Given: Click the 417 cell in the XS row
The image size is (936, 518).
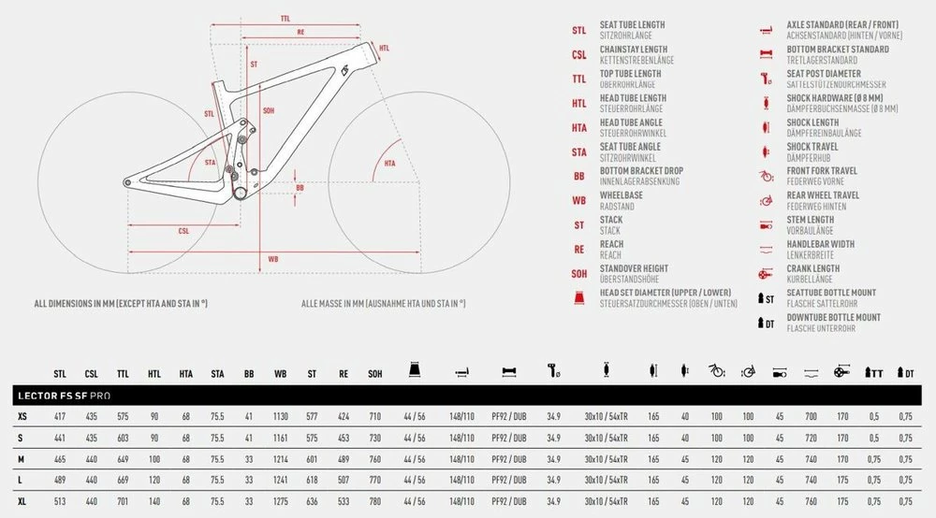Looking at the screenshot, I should [x=60, y=415].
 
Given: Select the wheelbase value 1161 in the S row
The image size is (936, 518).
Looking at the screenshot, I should [x=280, y=438].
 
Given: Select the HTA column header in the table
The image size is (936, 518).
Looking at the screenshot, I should [x=186, y=373].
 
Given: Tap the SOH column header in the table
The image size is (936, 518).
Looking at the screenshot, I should [x=375, y=373].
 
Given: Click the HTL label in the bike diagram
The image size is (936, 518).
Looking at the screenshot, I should [x=384, y=48].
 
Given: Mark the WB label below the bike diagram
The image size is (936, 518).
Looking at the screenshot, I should [x=272, y=258].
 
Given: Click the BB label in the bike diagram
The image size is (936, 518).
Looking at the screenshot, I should [x=300, y=188].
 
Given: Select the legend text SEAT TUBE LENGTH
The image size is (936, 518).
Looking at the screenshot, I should [x=632, y=25].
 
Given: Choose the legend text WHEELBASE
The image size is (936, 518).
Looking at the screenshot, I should [x=621, y=195].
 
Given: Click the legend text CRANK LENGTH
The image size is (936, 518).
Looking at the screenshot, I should [x=812, y=268].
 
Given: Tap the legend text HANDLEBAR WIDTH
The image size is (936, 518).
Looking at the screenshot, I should [x=820, y=244].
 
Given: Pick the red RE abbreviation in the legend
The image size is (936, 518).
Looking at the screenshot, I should [x=579, y=249].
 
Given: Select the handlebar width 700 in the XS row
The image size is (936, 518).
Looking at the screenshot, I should [x=811, y=415].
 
